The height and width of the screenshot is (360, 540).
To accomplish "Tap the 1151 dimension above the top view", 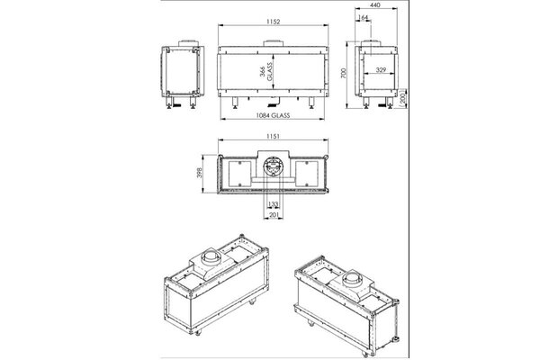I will click(273, 137).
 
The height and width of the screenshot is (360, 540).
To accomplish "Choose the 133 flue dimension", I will click(272, 205).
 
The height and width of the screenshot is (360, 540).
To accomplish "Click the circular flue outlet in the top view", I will click(273, 166).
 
